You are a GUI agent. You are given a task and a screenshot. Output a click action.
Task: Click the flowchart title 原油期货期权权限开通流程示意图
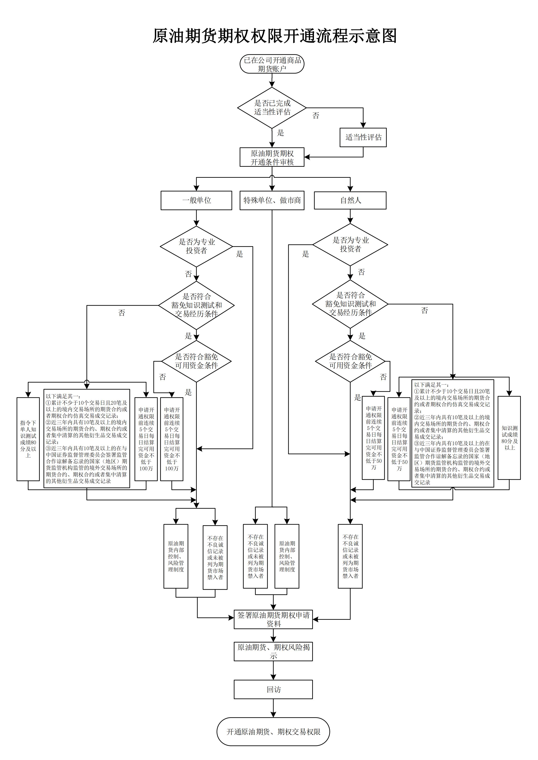coord(274,36)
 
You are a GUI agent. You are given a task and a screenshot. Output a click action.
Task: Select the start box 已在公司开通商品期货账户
coord(272,64)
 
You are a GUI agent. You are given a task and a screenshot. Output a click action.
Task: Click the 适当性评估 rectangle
coord(363,137)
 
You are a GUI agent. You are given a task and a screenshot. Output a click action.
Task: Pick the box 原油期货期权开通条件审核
coord(272,157)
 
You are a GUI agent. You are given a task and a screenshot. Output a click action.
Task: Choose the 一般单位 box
coord(196,200)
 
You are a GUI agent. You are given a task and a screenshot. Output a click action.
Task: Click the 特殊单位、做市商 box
coord(272,200)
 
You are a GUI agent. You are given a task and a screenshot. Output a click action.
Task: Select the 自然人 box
coord(350,200)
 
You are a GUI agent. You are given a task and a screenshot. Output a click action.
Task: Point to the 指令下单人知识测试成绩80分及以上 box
coord(28,439)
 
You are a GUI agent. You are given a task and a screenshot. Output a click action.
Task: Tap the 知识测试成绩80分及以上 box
coord(509,438)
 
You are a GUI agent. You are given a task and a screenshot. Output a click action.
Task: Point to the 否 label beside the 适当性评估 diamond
coord(316,116)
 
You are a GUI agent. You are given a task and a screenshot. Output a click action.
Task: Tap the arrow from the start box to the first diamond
coord(272,80)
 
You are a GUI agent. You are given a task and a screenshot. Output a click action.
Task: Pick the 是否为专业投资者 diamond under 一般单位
coord(196,246)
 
